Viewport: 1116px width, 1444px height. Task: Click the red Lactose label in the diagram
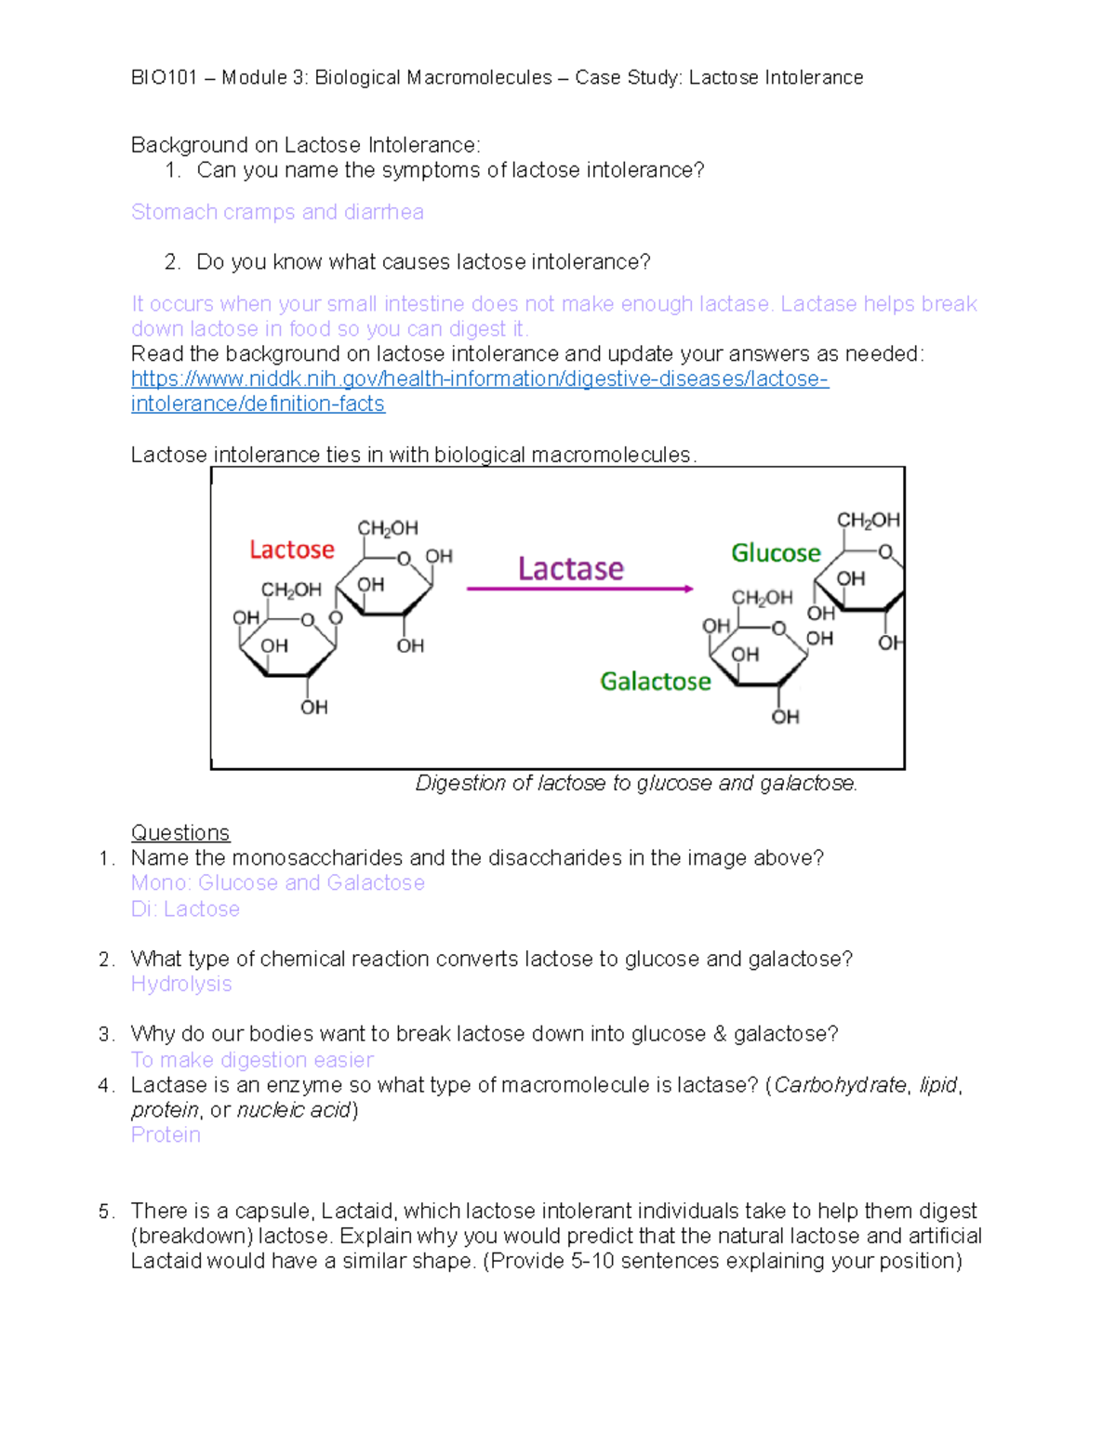pos(291,550)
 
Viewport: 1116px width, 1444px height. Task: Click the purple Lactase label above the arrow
pos(570,568)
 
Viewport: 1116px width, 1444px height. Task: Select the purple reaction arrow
pos(579,589)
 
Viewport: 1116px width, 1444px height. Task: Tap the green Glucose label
pos(776,553)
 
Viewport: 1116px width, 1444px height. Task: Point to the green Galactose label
pos(655,682)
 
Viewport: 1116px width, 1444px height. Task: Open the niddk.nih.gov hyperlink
pos(479,379)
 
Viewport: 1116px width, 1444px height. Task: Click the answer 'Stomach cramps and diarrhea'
pos(277,212)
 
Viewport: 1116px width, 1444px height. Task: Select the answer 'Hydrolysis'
pos(181,984)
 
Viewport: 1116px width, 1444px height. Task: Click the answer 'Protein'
pos(166,1134)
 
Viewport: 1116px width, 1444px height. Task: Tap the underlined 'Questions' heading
pos(180,832)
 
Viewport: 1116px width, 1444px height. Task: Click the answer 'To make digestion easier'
pos(252,1060)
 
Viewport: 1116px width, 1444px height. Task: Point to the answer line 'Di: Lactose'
pos(185,908)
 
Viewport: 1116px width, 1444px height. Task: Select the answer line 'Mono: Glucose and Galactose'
pos(277,882)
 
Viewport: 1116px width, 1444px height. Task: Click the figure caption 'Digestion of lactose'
pos(636,783)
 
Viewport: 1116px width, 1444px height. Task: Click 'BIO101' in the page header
pos(164,77)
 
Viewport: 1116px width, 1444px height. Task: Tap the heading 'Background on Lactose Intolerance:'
pos(305,145)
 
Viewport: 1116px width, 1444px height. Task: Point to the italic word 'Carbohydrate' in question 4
pos(840,1085)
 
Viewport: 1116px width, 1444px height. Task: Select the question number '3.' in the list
pos(106,1034)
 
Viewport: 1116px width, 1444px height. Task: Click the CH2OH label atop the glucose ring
pos(868,520)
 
